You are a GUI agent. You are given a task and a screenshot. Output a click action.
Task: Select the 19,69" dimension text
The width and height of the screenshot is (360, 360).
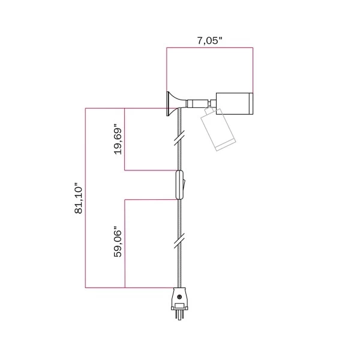(x=118, y=140)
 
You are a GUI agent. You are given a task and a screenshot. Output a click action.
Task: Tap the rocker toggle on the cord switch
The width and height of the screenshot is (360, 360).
(x=185, y=184)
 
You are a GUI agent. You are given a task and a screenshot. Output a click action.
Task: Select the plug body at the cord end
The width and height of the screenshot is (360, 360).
(x=179, y=296)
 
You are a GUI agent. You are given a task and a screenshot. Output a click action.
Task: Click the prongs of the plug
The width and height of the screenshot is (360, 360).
(x=179, y=313)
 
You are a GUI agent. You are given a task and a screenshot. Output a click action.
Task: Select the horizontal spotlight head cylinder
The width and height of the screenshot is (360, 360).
(x=233, y=103)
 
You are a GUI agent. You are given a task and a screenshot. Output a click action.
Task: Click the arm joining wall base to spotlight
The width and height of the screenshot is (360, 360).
(x=195, y=103)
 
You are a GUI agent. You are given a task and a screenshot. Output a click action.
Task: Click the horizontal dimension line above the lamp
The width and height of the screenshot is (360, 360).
(x=209, y=49)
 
